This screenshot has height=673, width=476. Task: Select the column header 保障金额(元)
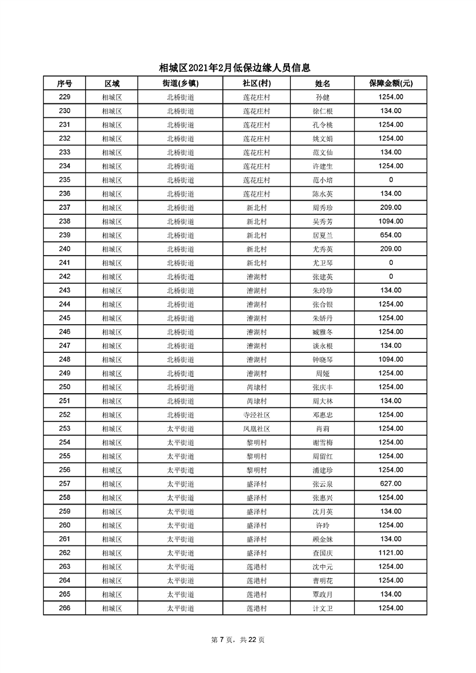coord(391,83)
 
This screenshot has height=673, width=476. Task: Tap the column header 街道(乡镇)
coord(181,83)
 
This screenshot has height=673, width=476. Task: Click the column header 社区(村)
coord(256,83)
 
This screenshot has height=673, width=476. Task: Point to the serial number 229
coord(64,97)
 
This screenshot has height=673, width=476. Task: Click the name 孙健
coord(323,97)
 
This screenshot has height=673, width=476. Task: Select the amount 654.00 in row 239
coord(391,235)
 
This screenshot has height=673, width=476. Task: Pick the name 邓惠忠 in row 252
coord(323,415)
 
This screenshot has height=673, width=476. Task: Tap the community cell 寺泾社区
coord(256,415)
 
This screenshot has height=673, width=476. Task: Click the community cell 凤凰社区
coord(256,429)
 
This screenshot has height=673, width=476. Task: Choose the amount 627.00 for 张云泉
coord(391,484)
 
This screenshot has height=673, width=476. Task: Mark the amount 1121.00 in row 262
coord(391,553)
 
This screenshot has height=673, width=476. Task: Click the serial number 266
coord(64,608)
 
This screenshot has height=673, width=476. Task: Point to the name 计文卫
coord(323,608)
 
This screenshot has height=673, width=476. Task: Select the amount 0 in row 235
coord(391,180)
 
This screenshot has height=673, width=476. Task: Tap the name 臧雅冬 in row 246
coord(323,332)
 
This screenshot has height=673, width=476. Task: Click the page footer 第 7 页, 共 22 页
coord(237,640)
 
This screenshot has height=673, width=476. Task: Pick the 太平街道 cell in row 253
coord(181,429)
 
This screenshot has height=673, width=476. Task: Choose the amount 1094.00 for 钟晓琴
coord(391,359)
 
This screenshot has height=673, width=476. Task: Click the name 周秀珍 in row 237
coord(323,207)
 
